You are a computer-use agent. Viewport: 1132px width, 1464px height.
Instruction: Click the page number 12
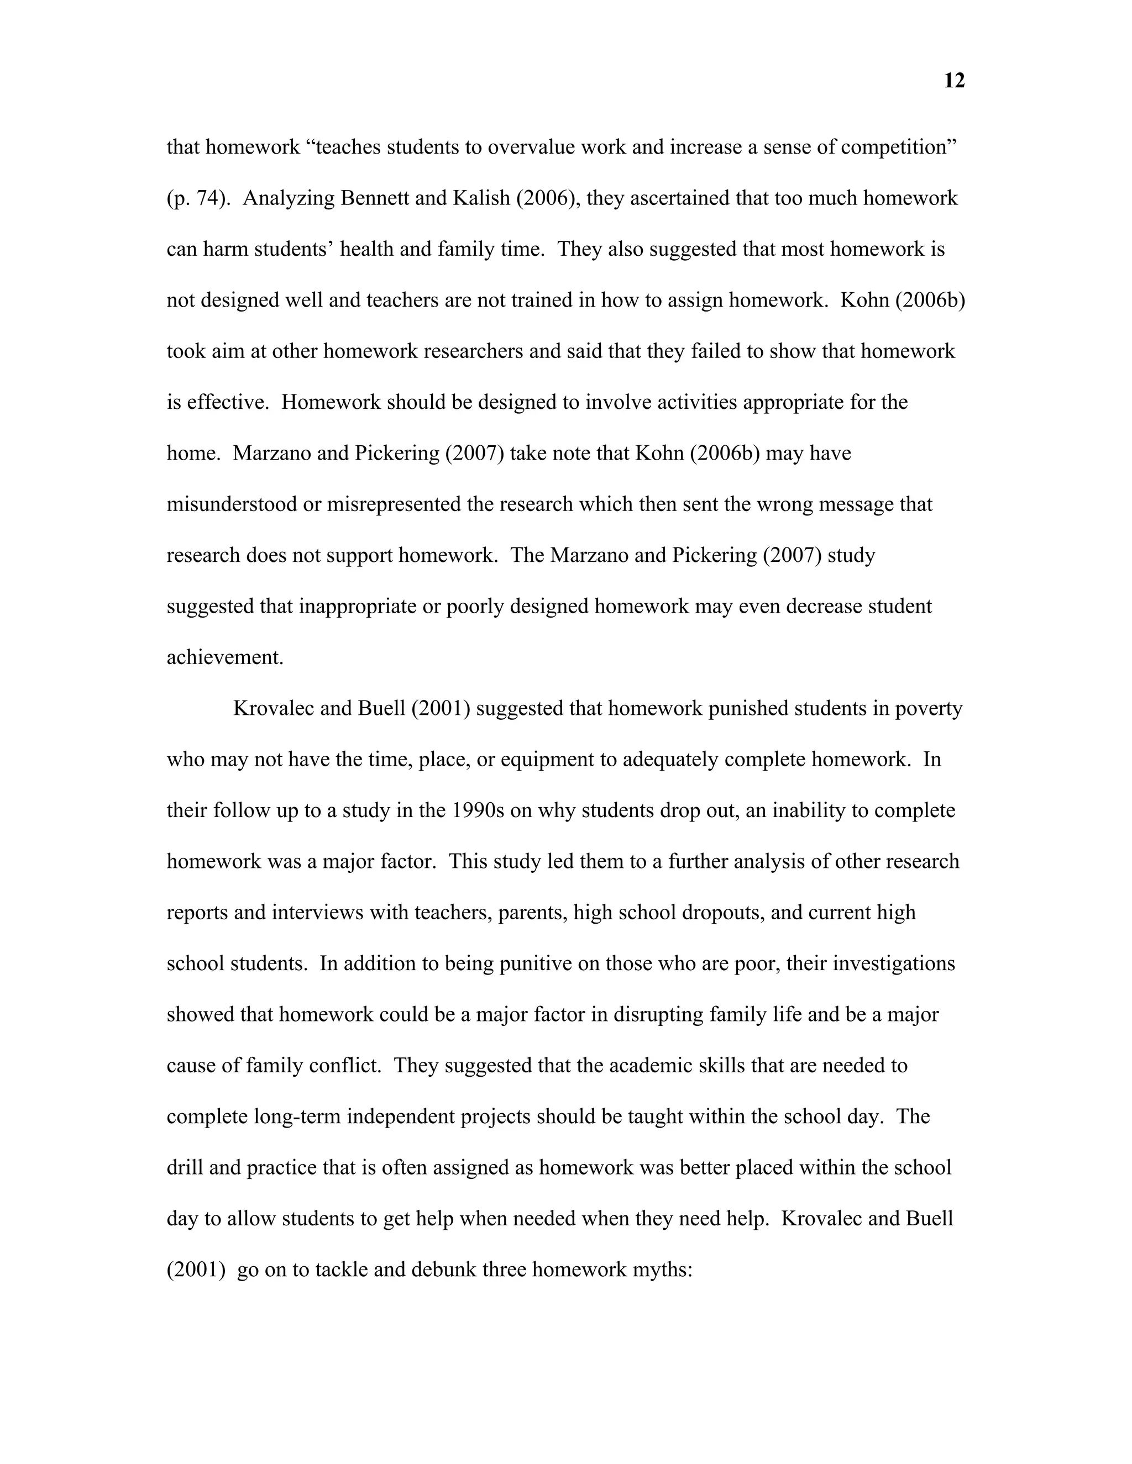(x=953, y=81)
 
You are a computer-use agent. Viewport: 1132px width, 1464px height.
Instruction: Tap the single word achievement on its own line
(x=224, y=657)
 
